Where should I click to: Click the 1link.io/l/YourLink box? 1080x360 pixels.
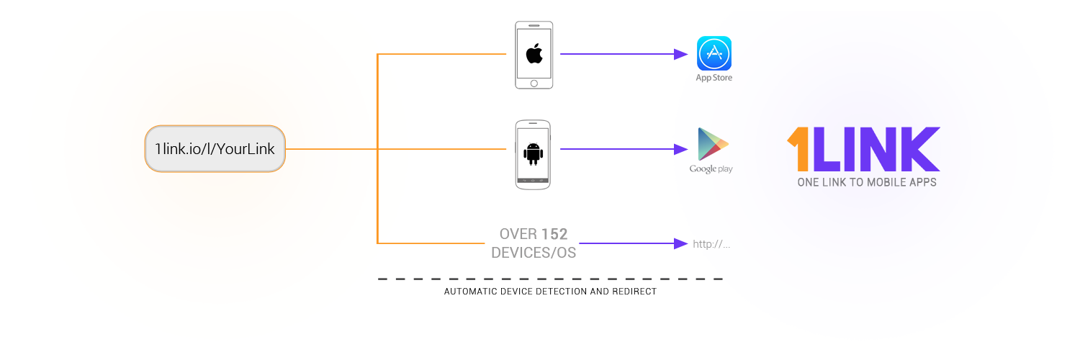click(215, 149)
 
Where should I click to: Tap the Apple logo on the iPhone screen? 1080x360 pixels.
click(534, 53)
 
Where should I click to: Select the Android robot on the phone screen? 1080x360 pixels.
click(533, 153)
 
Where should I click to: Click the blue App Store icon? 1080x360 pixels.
click(714, 53)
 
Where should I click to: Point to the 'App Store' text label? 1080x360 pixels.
click(714, 78)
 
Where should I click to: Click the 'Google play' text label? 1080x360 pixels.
click(711, 168)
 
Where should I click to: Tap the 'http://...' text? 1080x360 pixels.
click(711, 244)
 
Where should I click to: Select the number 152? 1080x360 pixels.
click(554, 234)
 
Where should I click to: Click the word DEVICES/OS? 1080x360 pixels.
click(534, 253)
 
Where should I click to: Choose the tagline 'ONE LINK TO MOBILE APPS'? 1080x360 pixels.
click(867, 183)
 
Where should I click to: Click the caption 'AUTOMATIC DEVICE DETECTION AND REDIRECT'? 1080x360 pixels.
click(550, 292)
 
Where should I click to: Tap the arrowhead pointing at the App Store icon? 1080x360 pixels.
click(680, 54)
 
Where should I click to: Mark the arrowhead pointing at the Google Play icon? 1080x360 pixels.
click(680, 149)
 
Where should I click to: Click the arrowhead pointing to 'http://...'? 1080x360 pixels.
click(680, 243)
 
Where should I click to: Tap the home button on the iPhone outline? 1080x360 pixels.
click(534, 82)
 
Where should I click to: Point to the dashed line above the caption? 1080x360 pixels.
click(550, 279)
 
